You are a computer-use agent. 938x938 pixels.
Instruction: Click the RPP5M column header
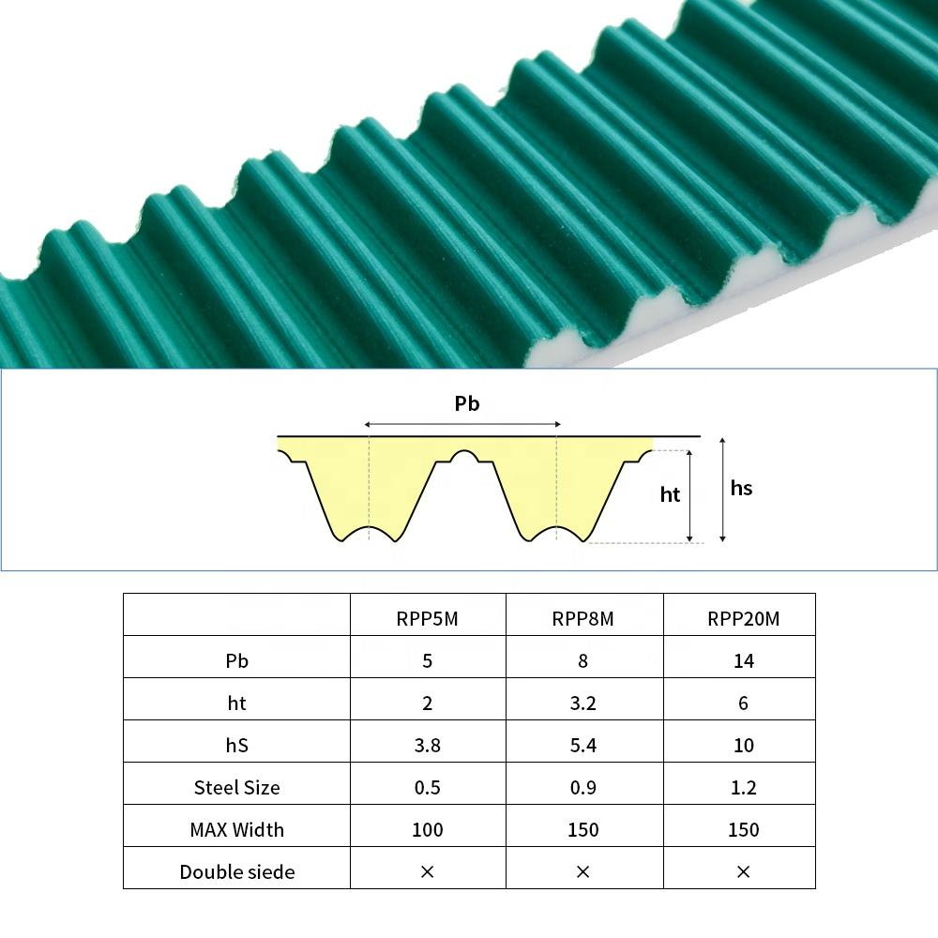427,618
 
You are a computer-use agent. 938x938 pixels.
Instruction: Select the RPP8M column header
582,618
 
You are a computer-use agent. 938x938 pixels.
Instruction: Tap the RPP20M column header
743,618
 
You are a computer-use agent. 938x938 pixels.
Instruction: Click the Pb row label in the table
237,660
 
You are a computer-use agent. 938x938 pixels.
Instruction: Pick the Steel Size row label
237,787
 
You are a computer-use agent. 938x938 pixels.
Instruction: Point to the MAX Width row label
237,830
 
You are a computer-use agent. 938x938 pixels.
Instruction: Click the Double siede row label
237,871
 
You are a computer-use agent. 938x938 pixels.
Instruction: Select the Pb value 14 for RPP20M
744,661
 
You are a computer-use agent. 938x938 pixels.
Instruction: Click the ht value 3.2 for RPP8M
582,703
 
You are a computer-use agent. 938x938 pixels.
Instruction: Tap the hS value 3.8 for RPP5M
427,746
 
